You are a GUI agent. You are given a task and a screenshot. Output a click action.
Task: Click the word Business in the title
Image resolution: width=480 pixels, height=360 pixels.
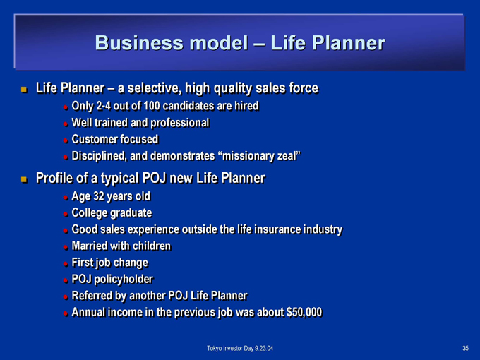pyautogui.click(x=139, y=42)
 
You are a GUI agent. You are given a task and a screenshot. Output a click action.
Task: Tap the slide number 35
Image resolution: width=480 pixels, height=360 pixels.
pyautogui.click(x=465, y=348)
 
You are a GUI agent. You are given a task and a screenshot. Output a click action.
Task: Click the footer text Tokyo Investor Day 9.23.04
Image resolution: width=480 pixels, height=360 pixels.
pyautogui.click(x=240, y=349)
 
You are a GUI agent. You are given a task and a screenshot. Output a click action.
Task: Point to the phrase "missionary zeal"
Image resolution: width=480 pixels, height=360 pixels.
pyautogui.click(x=260, y=156)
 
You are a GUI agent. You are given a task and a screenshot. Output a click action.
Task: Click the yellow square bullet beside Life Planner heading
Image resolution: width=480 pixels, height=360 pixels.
pyautogui.click(x=24, y=90)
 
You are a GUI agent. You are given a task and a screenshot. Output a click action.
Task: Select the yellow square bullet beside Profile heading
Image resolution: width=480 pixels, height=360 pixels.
pyautogui.click(x=24, y=179)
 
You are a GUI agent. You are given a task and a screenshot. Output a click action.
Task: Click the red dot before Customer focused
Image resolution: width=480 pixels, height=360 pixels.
pyautogui.click(x=66, y=140)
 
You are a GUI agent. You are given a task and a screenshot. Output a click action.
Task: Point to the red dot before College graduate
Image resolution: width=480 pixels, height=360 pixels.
pyautogui.click(x=66, y=215)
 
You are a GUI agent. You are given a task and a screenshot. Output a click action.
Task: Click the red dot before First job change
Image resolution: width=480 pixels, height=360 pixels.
pyautogui.click(x=66, y=264)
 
